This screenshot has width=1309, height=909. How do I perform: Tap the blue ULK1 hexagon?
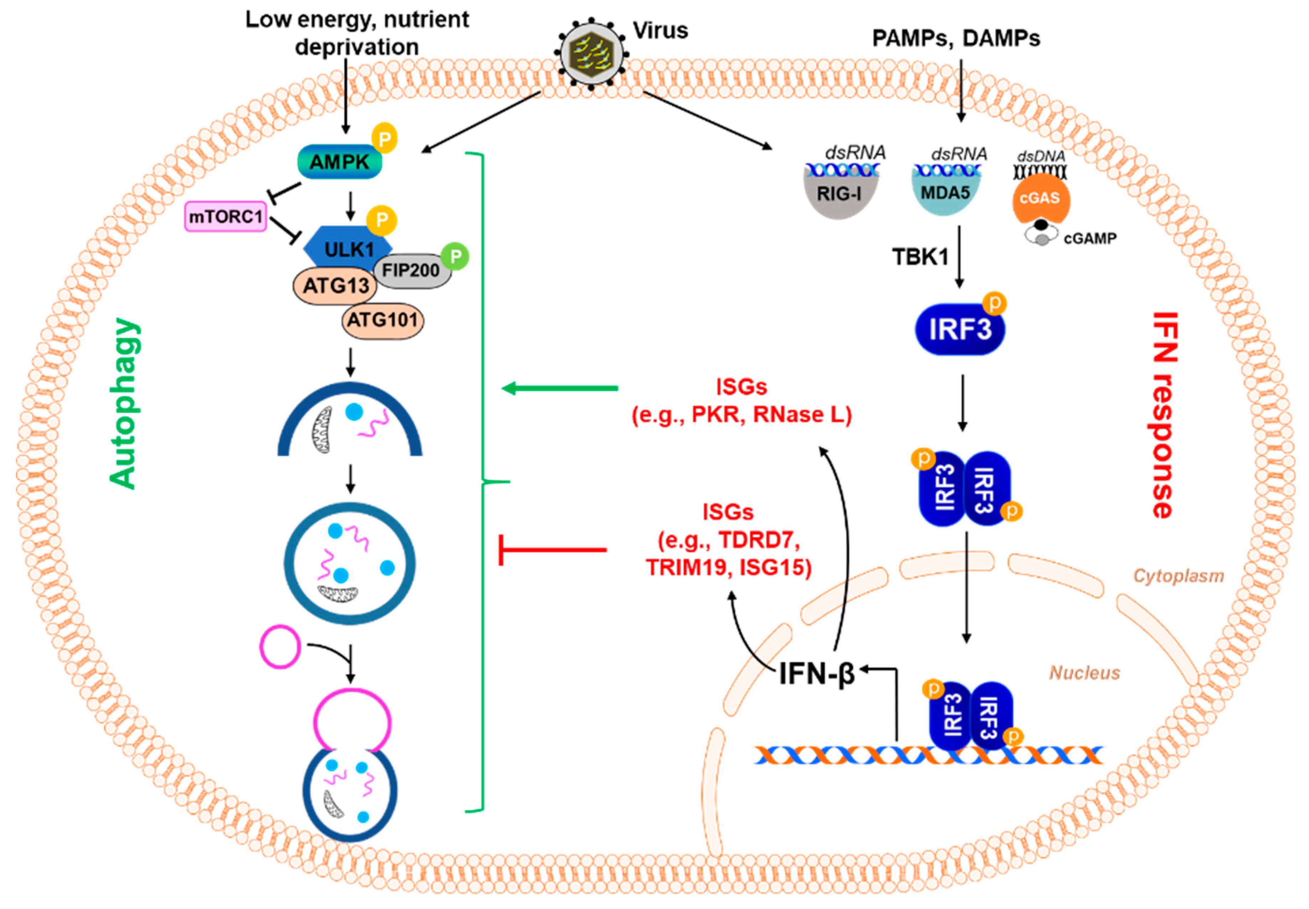348,249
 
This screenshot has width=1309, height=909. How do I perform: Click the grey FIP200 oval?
411,270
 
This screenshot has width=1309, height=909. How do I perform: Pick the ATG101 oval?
383,321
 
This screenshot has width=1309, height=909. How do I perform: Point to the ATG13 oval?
335,285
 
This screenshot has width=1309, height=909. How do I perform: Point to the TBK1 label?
920,257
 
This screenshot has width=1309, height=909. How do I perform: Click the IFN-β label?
817,674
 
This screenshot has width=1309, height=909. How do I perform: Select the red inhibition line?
553,549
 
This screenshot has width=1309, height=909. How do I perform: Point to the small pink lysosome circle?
280,646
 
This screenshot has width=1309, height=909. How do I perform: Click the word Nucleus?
1084,673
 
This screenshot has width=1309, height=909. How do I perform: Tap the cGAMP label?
1090,239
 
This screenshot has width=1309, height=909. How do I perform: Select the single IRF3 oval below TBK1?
960,330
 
